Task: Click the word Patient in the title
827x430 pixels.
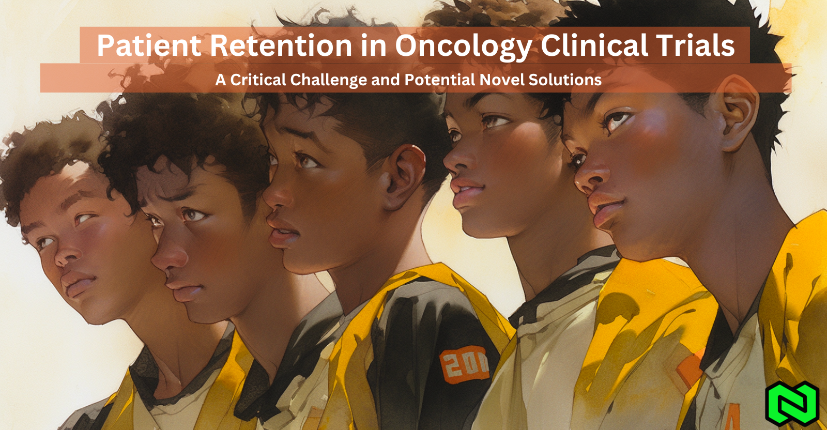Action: [x=149, y=45]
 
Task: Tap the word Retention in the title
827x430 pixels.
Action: [x=281, y=45]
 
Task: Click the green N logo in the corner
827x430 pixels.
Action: [x=792, y=404]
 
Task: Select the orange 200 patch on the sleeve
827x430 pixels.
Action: [x=464, y=363]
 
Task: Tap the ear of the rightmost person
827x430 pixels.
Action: [x=737, y=113]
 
